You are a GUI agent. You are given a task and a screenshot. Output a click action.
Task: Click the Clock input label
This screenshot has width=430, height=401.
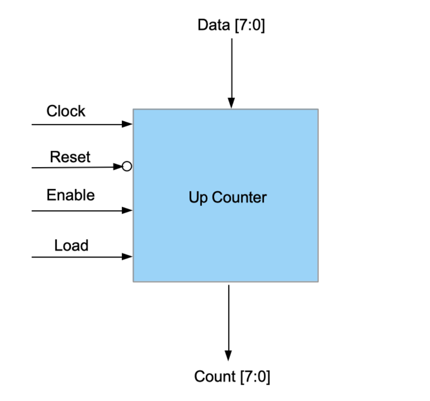(x=66, y=111)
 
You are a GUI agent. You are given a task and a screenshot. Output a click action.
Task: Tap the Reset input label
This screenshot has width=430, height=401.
(x=70, y=157)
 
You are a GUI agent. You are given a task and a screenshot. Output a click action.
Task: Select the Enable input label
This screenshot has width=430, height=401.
(x=70, y=195)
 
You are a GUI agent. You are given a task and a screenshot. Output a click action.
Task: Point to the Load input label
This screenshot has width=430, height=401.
(x=71, y=245)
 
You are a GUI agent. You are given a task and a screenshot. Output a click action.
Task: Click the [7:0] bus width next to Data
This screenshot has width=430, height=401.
(x=250, y=25)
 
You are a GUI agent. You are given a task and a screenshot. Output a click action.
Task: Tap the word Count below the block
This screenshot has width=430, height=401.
(x=215, y=377)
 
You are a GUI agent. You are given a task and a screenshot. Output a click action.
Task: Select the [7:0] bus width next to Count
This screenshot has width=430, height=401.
(x=255, y=377)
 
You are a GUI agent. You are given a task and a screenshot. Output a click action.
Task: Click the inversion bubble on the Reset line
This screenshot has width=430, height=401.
(x=127, y=167)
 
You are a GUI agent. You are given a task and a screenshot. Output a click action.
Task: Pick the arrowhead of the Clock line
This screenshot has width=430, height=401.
(x=127, y=124)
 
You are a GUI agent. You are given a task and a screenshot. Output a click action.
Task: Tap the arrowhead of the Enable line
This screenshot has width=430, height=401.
(x=127, y=211)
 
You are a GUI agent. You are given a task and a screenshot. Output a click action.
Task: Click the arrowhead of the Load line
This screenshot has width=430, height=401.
(x=127, y=257)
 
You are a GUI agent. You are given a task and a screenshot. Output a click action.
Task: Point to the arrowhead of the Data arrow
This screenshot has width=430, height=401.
(x=232, y=103)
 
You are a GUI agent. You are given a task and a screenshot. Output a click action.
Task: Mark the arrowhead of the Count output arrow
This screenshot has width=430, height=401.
(x=228, y=355)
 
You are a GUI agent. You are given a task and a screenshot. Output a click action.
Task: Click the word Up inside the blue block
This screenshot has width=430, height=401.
(x=198, y=197)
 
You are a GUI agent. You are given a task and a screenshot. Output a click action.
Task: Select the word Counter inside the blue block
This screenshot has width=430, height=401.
(x=239, y=197)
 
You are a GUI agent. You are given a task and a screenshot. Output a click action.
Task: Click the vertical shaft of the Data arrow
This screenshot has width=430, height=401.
(x=232, y=67)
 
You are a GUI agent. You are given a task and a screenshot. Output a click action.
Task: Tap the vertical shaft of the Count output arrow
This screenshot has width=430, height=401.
(x=228, y=315)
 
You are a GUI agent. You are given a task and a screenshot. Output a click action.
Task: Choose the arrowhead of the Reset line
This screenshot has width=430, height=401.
(x=118, y=167)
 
